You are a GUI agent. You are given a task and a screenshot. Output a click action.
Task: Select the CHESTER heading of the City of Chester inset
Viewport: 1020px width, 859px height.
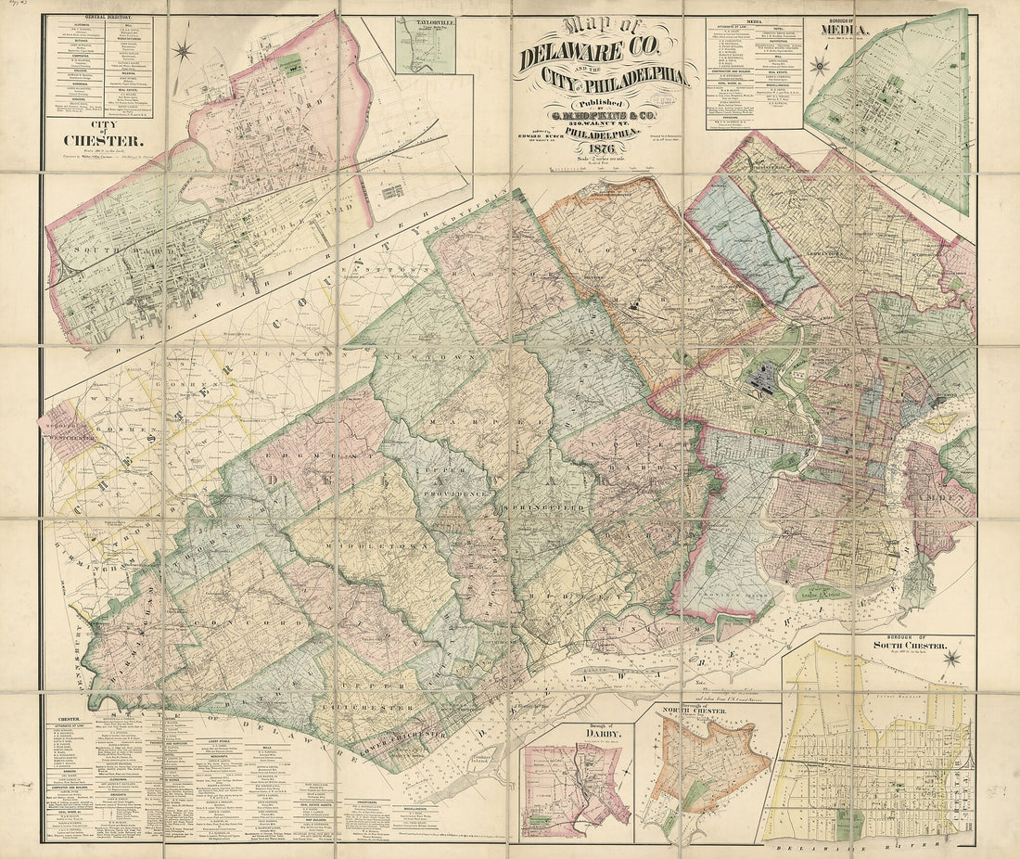tap(102, 141)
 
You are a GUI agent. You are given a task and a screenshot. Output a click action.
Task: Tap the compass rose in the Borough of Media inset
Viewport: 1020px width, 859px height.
tap(818, 65)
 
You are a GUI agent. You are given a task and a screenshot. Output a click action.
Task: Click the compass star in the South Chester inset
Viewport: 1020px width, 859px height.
tap(950, 660)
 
